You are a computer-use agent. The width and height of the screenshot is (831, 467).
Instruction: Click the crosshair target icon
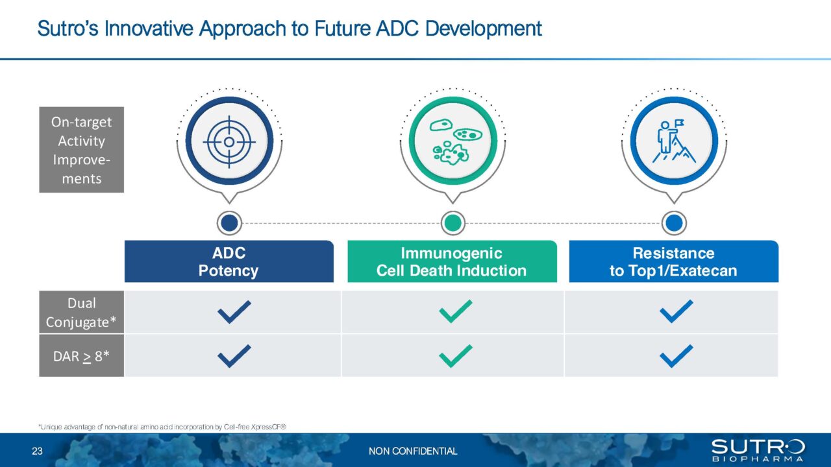229,141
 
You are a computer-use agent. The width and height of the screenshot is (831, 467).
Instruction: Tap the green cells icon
453,141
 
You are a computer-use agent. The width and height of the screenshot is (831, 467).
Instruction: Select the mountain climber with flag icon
674,141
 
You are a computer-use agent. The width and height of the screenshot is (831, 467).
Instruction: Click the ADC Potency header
229,262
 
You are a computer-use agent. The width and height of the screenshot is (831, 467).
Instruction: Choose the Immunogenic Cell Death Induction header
452,262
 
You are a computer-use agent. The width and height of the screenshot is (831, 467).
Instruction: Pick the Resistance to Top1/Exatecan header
673,262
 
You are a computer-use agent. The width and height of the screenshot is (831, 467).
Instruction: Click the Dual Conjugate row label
81,312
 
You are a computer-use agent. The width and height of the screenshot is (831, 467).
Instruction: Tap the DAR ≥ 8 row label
81,355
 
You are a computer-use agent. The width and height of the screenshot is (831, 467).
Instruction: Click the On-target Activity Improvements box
81,150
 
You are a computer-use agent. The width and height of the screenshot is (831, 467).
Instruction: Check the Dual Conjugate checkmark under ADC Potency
234,312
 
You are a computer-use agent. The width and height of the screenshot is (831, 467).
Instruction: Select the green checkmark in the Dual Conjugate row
456,312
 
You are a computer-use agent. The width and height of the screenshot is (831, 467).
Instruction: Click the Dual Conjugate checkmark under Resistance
676,312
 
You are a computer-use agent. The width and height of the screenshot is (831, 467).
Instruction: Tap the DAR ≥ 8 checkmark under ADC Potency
234,355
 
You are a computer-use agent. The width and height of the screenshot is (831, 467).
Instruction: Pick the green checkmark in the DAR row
456,355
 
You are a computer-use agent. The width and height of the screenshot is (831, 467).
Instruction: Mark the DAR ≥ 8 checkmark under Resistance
676,355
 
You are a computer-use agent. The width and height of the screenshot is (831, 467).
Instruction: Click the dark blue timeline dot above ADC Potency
229,223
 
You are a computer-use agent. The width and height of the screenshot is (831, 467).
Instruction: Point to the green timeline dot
453,223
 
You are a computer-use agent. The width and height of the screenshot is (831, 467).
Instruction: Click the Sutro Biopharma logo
758,450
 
